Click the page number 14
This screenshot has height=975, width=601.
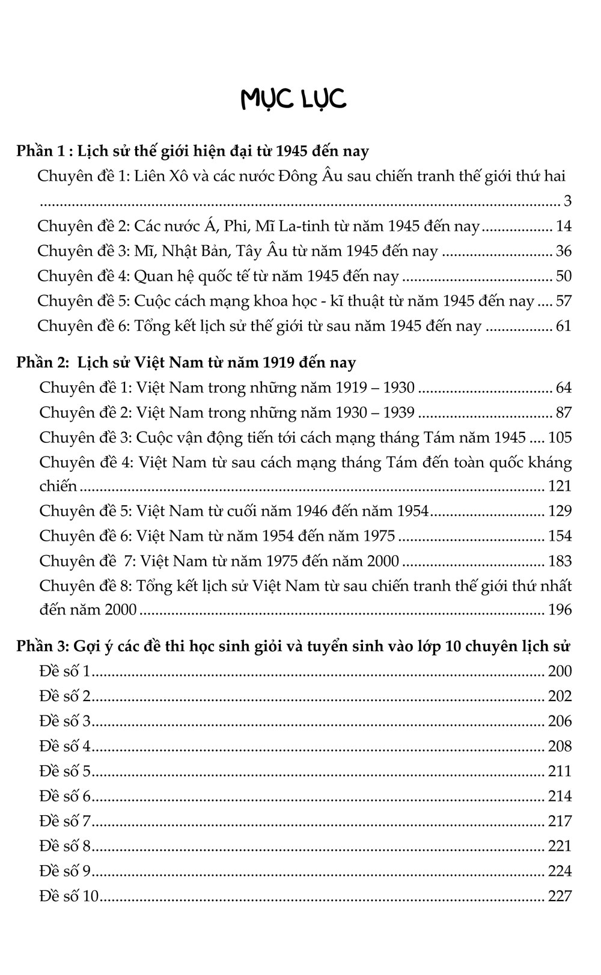(564, 226)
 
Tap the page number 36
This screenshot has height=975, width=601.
(564, 252)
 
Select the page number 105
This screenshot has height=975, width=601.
(560, 437)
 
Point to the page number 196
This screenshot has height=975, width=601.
(560, 610)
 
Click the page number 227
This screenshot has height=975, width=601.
(560, 896)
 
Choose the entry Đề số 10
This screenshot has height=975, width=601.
(69, 896)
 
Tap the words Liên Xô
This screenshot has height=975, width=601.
(159, 177)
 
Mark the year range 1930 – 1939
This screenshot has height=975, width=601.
(375, 413)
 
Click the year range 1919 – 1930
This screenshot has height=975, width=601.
(375, 387)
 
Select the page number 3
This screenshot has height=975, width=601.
(567, 201)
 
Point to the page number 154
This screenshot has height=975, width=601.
(560, 536)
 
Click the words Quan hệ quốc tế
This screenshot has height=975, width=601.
(198, 276)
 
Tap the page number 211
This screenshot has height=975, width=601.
(560, 771)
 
